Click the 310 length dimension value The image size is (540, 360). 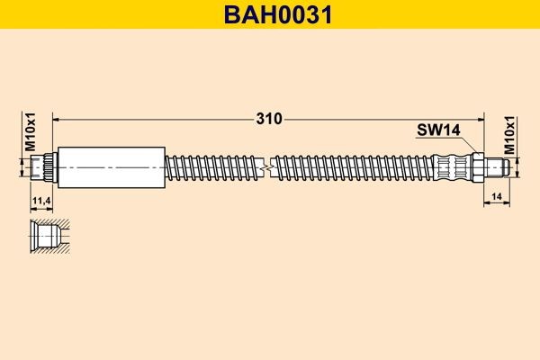[x=268, y=118]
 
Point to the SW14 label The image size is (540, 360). [x=438, y=130]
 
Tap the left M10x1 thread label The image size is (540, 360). [x=29, y=133]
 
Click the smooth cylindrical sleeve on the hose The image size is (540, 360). [x=111, y=166]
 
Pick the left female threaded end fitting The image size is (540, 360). [x=42, y=166]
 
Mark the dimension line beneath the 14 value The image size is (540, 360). [x=497, y=204]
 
